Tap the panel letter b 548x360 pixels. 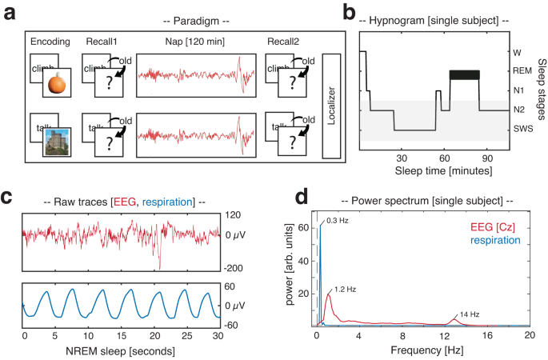click(348, 11)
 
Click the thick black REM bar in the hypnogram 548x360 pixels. click(464, 74)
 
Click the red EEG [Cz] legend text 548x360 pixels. click(494, 228)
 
